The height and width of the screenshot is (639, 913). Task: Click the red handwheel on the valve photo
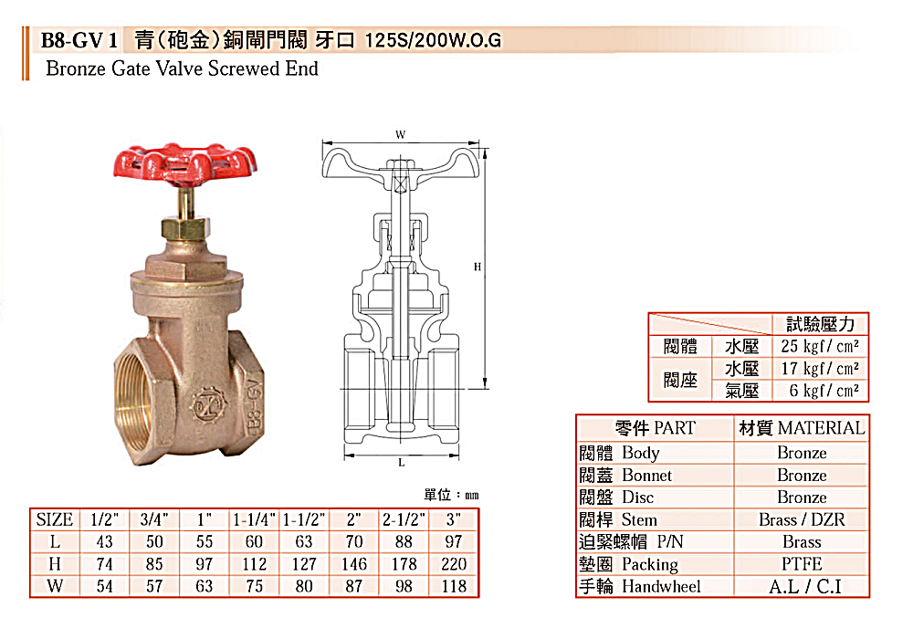[185, 166]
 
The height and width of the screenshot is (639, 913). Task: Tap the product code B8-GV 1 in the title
[79, 40]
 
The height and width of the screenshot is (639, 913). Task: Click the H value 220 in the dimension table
[454, 564]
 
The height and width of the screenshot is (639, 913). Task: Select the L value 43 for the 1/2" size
[105, 542]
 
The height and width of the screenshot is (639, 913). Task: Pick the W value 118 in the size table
[454, 586]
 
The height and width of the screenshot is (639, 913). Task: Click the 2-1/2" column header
[404, 519]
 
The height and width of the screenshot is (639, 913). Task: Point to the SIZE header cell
[54, 519]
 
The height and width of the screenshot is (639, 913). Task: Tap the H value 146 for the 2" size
[354, 564]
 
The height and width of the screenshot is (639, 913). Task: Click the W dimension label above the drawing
[401, 134]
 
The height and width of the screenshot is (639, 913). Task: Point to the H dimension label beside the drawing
[477, 267]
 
